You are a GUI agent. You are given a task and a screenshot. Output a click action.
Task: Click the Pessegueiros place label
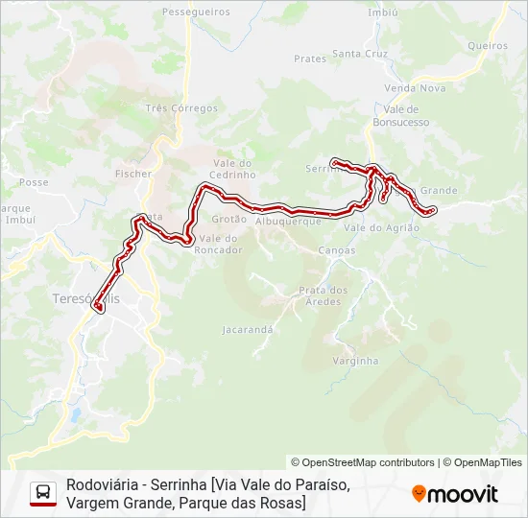196,12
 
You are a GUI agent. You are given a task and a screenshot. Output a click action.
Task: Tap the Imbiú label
383,12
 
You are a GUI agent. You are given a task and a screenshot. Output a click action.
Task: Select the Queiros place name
487,45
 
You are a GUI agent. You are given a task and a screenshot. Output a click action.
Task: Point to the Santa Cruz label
360,54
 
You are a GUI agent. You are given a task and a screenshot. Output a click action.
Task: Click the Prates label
310,59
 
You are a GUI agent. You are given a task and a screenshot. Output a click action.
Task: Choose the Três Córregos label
181,108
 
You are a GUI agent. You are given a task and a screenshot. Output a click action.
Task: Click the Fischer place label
133,174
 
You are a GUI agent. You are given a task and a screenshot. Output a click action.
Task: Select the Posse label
34,182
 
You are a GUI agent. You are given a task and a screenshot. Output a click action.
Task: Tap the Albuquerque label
288,221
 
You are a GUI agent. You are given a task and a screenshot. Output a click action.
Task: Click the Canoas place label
335,250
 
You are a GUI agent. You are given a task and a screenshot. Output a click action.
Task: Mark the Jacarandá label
249,329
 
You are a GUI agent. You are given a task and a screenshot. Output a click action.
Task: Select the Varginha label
355,361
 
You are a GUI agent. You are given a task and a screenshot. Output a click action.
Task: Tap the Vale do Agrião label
382,227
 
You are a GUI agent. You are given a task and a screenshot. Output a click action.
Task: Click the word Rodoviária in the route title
101,484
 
